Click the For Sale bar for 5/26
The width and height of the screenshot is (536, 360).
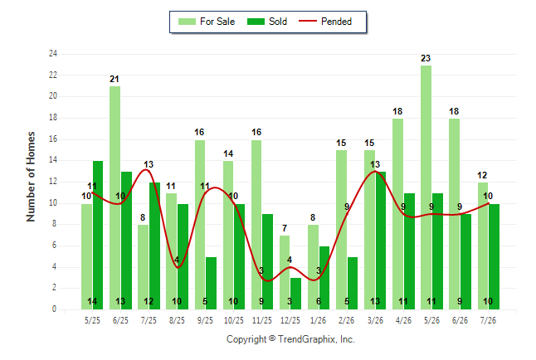[x=426, y=187]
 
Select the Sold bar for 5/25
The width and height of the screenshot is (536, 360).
[x=98, y=236]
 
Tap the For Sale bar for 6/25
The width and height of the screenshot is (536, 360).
[x=115, y=198]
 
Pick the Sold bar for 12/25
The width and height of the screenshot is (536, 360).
[x=295, y=294]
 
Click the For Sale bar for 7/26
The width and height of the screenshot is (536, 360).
[x=483, y=246]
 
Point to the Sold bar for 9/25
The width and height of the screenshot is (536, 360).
[x=211, y=283]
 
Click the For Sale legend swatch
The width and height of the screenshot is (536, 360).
[x=187, y=22]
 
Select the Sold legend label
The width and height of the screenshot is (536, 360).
[x=278, y=22]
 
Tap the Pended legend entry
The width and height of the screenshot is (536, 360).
[x=325, y=22]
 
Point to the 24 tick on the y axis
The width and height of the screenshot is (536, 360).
[x=52, y=54]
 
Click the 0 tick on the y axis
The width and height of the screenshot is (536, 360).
[x=54, y=309]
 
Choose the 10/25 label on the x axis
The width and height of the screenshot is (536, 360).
[x=233, y=320]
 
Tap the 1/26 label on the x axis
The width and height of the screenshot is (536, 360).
[x=319, y=320]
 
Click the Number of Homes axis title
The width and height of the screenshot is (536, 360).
[x=31, y=177]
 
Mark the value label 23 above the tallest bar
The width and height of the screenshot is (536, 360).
[x=426, y=58]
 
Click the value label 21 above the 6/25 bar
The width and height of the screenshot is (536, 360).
[x=115, y=80]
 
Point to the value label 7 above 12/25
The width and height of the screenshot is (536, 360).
[x=285, y=228]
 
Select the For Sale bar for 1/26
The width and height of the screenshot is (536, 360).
[x=313, y=267]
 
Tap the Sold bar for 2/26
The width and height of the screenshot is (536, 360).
[x=352, y=283]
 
